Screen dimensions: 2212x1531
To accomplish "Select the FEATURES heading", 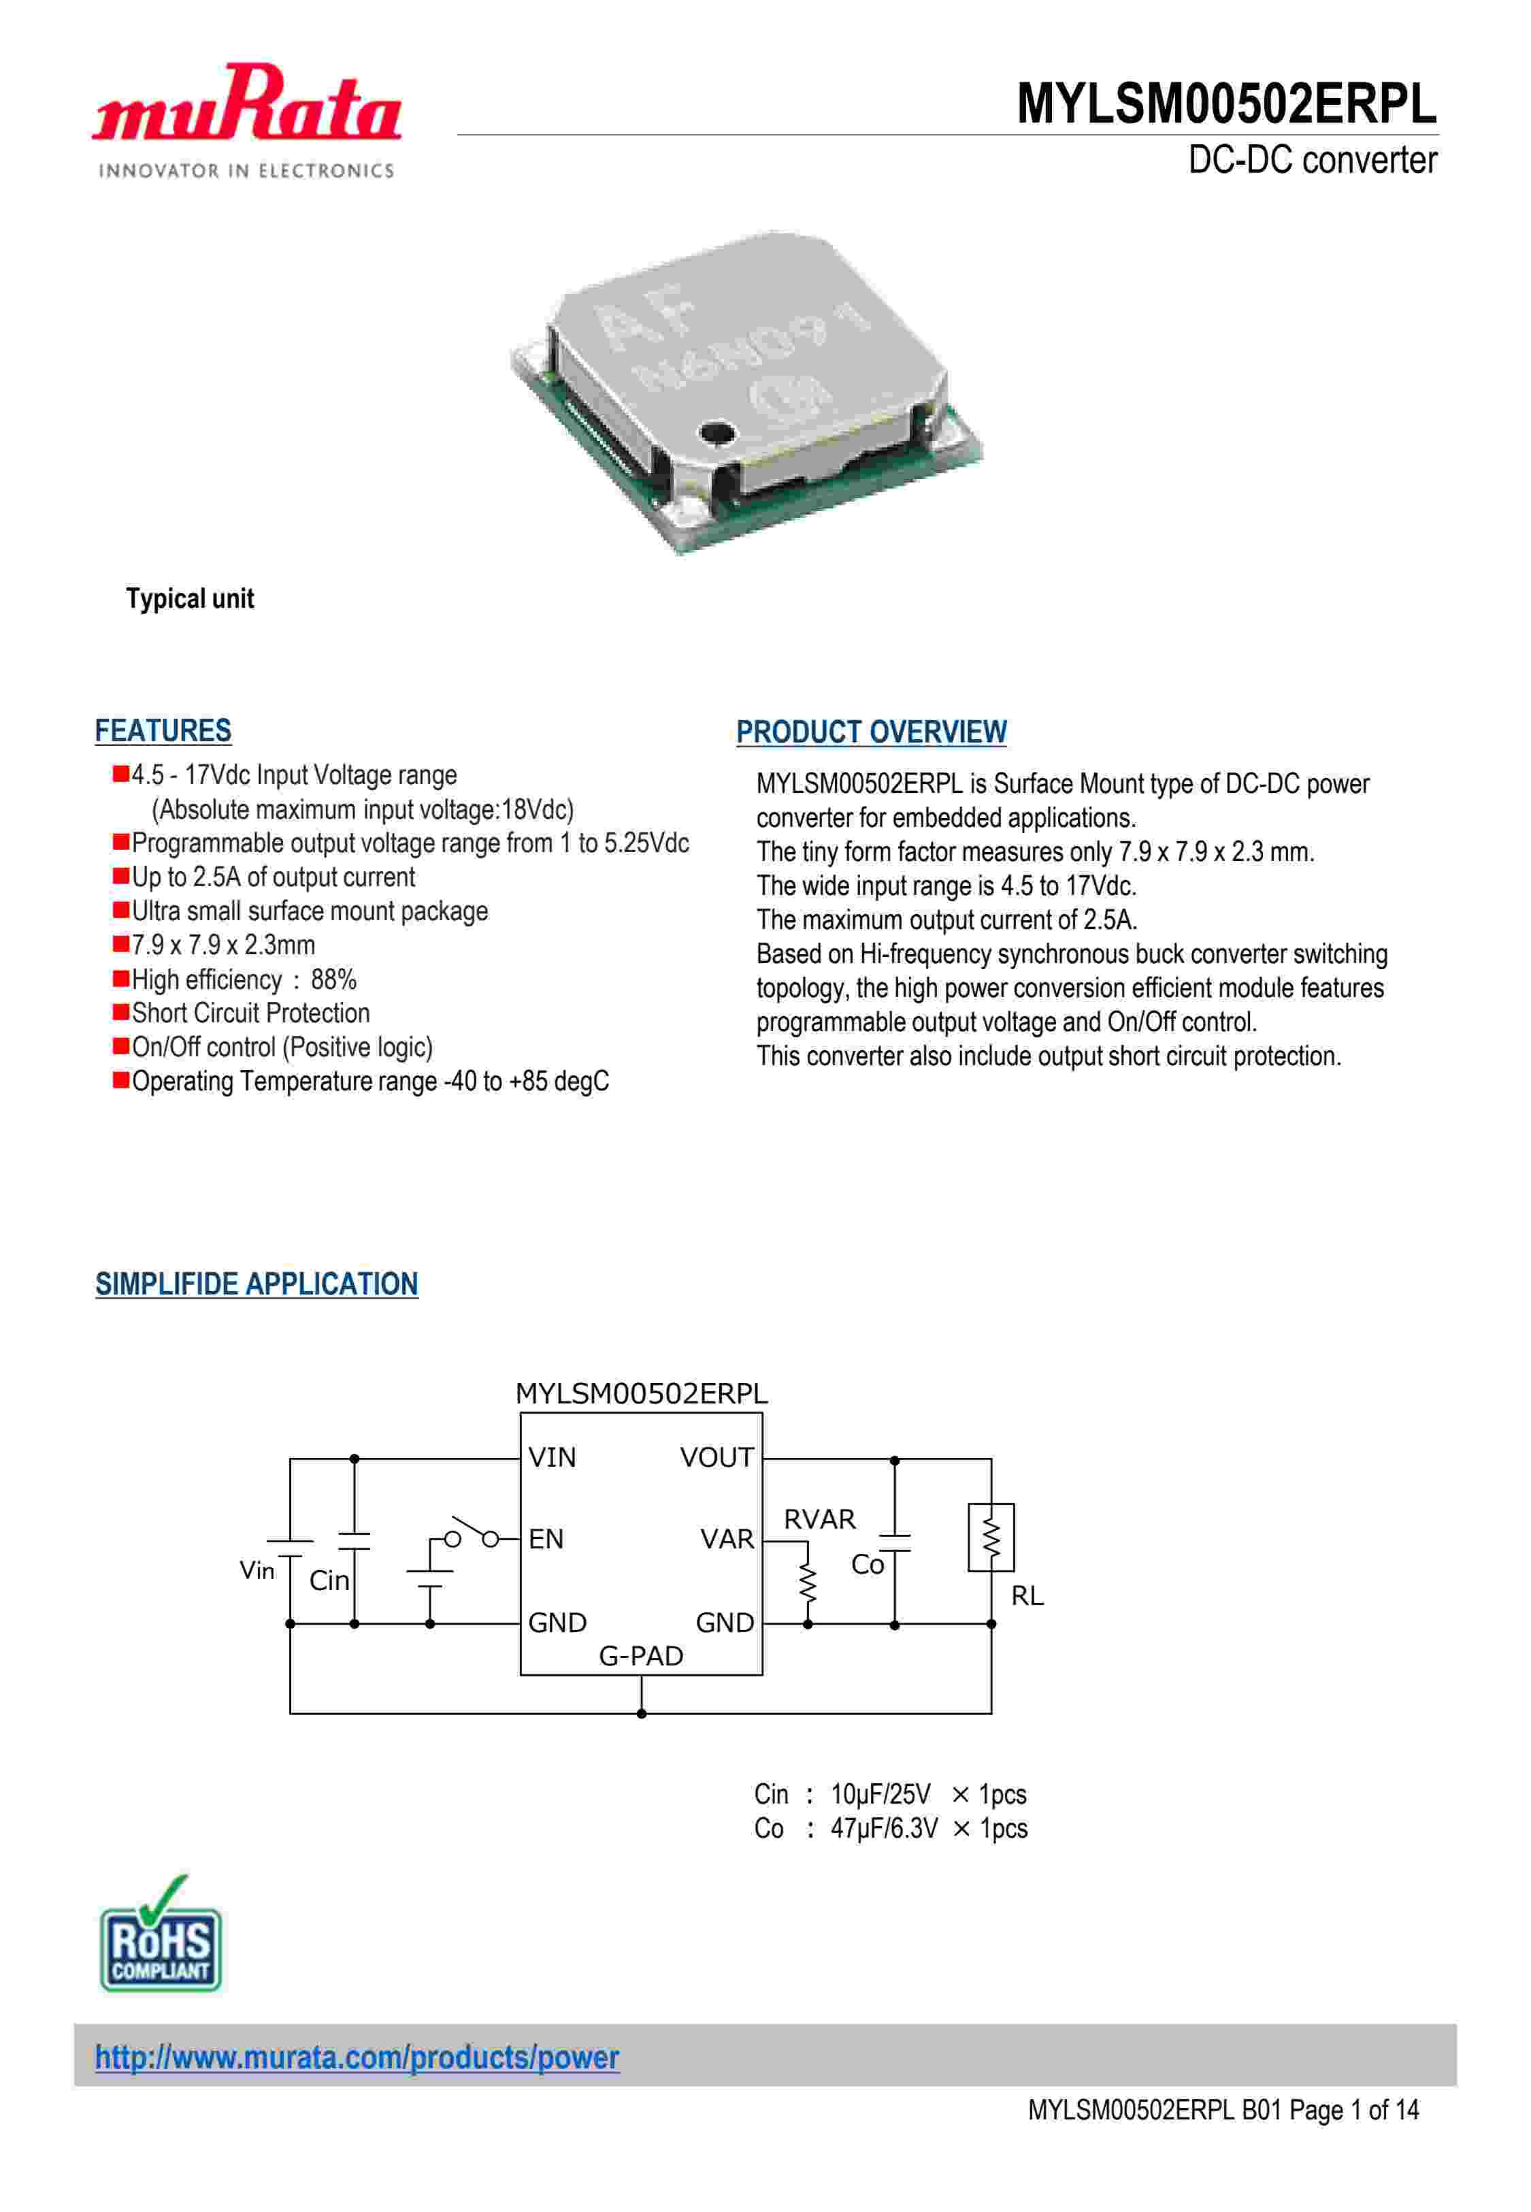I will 163,731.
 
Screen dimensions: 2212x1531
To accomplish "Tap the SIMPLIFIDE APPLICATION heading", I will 256,1284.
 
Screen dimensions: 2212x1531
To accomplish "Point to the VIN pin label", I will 552,1457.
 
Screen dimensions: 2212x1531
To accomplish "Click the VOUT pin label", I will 716,1457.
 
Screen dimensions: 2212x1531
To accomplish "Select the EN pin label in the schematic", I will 546,1539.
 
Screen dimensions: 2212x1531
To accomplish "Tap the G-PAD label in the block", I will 641,1656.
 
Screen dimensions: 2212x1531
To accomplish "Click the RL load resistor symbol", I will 991,1538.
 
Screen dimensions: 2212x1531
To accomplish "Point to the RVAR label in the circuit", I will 819,1518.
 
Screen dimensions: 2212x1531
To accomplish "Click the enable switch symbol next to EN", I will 472,1533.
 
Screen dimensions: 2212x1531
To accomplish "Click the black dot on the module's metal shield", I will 714,434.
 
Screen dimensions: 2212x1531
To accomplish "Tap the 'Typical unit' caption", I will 190,598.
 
